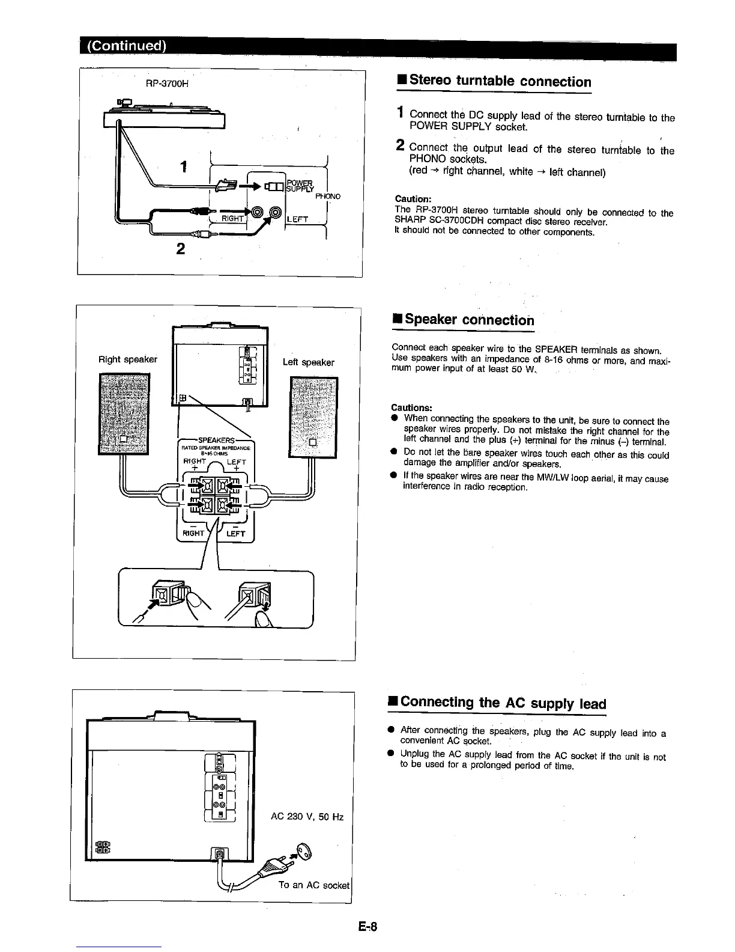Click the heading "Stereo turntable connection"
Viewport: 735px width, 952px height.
(x=494, y=82)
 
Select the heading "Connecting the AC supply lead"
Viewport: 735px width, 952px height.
(x=497, y=703)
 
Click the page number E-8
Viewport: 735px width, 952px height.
(x=367, y=926)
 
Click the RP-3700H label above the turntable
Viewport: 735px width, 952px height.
(x=168, y=83)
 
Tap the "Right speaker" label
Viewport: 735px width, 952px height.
(x=128, y=359)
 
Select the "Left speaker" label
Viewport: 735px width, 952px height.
(x=308, y=362)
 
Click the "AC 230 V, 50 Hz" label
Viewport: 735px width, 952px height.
(x=307, y=817)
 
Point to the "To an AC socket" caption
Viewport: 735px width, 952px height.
(x=313, y=885)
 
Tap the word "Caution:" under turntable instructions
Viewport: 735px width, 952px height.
(x=411, y=199)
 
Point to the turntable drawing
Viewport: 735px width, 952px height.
(x=165, y=115)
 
